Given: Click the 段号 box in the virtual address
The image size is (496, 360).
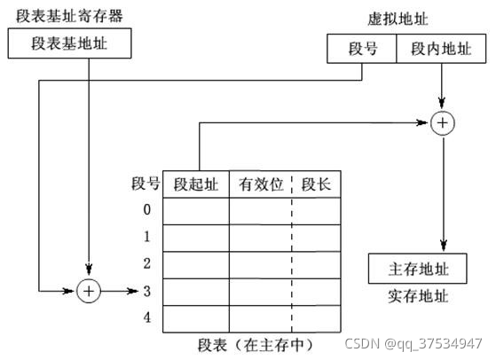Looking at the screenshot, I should pos(362,49).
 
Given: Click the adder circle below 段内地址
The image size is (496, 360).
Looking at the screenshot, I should pos(442,123).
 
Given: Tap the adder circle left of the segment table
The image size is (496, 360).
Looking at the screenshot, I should pos(89,290).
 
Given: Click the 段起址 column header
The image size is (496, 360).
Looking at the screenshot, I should pos(195,184).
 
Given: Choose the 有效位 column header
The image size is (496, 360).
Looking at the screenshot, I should pos(261,184).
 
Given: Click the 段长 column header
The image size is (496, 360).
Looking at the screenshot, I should pos(316,184).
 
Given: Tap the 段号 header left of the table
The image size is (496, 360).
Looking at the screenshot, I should pos(146,184).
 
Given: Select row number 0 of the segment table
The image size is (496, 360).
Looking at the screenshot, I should pos(146,210).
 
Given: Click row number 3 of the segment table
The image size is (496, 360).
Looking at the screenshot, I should pos(146,290).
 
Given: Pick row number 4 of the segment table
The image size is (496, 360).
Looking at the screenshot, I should pos(146,317).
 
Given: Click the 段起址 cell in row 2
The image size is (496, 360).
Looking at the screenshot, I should pos(195,263).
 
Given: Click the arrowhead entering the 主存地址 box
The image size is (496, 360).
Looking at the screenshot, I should pos(442,247).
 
